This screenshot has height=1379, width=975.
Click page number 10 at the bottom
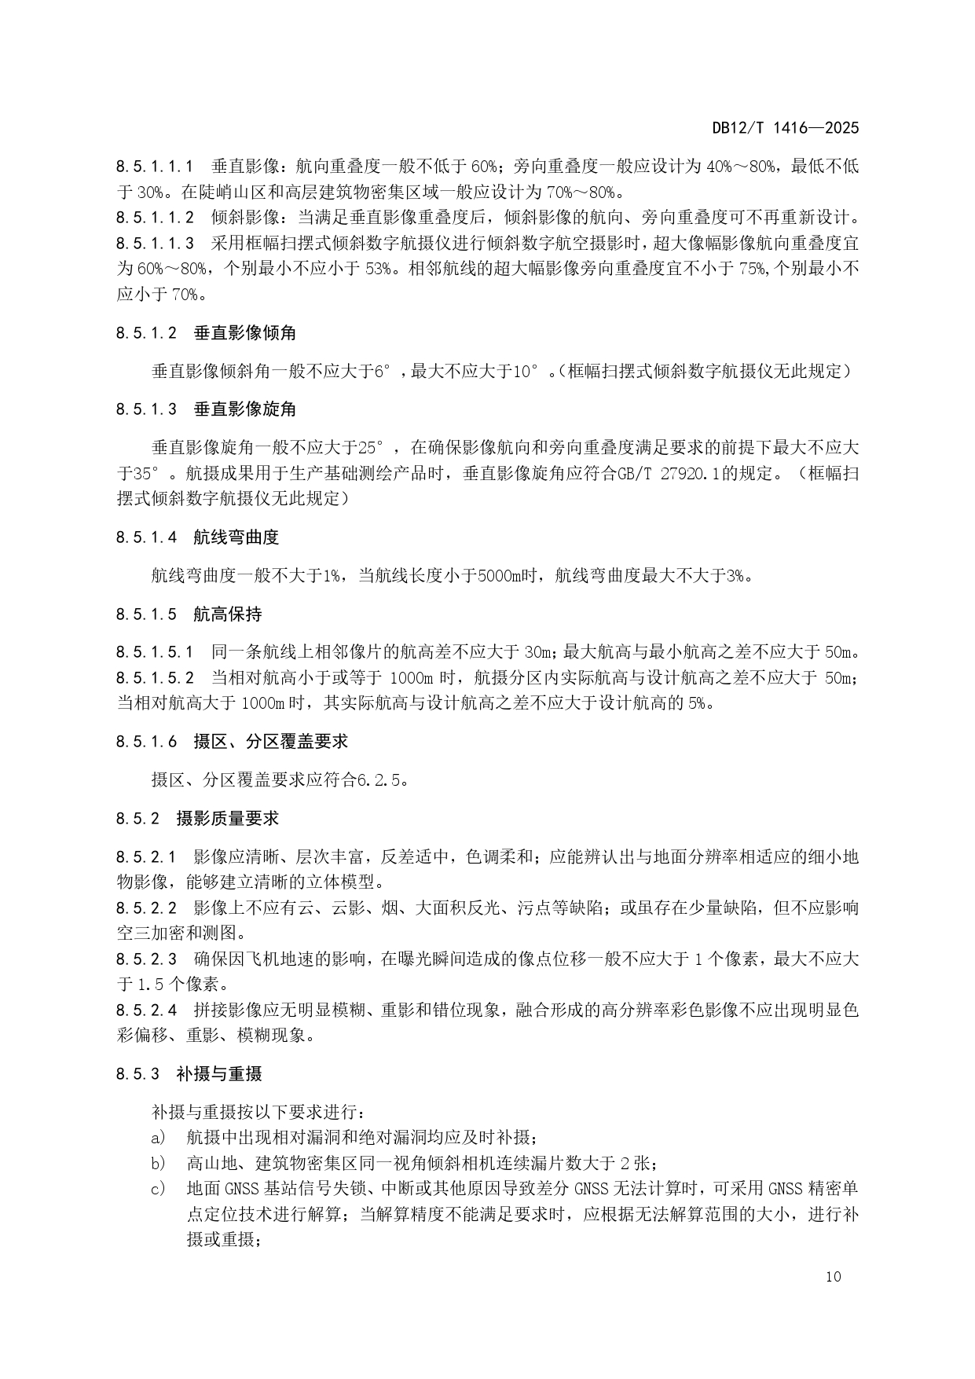tap(834, 1276)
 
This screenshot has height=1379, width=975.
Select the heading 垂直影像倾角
tap(244, 333)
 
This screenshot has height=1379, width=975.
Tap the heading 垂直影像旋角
tap(244, 409)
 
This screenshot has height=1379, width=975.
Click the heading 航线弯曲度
tap(236, 537)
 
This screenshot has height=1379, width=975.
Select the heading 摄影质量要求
tap(228, 818)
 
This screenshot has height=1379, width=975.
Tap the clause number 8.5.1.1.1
tap(155, 167)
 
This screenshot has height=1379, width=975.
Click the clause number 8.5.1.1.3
tap(155, 244)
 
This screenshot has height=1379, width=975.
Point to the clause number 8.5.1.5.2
tap(155, 677)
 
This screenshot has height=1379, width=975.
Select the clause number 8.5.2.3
tap(146, 959)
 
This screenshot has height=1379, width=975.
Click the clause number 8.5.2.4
tap(146, 1010)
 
